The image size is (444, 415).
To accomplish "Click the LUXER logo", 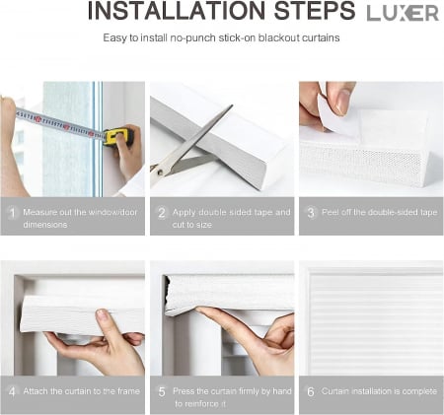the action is [x=403, y=13].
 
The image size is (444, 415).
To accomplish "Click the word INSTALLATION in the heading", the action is [x=177, y=11].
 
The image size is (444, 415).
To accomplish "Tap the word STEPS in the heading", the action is [x=315, y=11].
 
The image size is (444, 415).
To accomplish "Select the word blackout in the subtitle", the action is [x=278, y=37].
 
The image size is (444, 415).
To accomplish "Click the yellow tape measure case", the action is [x=117, y=136].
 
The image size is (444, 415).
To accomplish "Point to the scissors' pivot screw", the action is [x=161, y=172].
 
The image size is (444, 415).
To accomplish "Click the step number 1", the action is [x=12, y=213].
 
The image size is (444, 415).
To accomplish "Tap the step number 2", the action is [x=162, y=213].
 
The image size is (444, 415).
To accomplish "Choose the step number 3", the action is [x=311, y=213].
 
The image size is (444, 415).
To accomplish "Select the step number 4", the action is [x=12, y=391].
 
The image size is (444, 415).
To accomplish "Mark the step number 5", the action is [x=162, y=391].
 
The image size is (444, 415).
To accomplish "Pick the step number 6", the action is [x=311, y=391].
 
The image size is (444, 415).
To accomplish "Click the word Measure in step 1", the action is [x=39, y=212].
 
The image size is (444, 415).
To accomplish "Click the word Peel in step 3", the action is [x=330, y=212].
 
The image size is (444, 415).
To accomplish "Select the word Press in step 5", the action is [x=184, y=391].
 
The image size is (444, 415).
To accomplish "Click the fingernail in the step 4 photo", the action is [x=102, y=315].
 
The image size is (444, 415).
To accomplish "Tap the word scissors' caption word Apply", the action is [x=184, y=213].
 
